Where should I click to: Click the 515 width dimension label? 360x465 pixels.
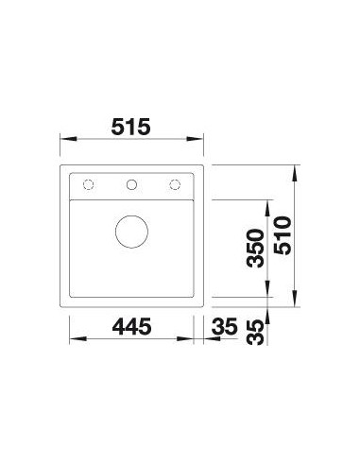pyautogui.click(x=131, y=127)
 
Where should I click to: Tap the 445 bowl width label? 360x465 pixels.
pyautogui.click(x=131, y=326)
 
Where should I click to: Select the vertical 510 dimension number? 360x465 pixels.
pyautogui.click(x=283, y=235)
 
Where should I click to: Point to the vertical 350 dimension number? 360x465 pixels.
pyautogui.click(x=255, y=249)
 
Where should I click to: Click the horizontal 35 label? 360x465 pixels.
pyautogui.click(x=224, y=326)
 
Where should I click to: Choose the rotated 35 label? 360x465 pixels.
pyautogui.click(x=255, y=333)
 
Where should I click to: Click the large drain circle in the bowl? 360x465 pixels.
pyautogui.click(x=131, y=232)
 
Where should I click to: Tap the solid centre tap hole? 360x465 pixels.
pyautogui.click(x=131, y=184)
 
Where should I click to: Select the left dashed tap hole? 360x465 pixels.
pyautogui.click(x=89, y=184)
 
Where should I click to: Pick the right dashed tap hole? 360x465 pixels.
pyautogui.click(x=175, y=184)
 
